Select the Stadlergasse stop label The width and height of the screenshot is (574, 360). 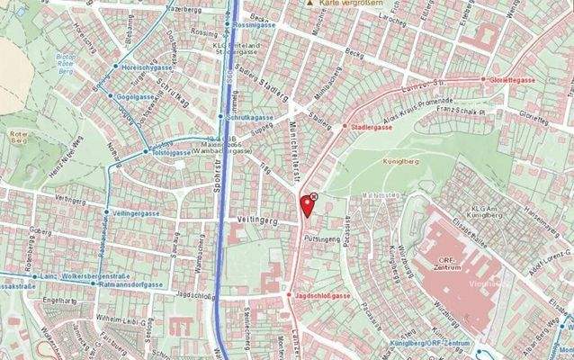pyautogui.click(x=376, y=128)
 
